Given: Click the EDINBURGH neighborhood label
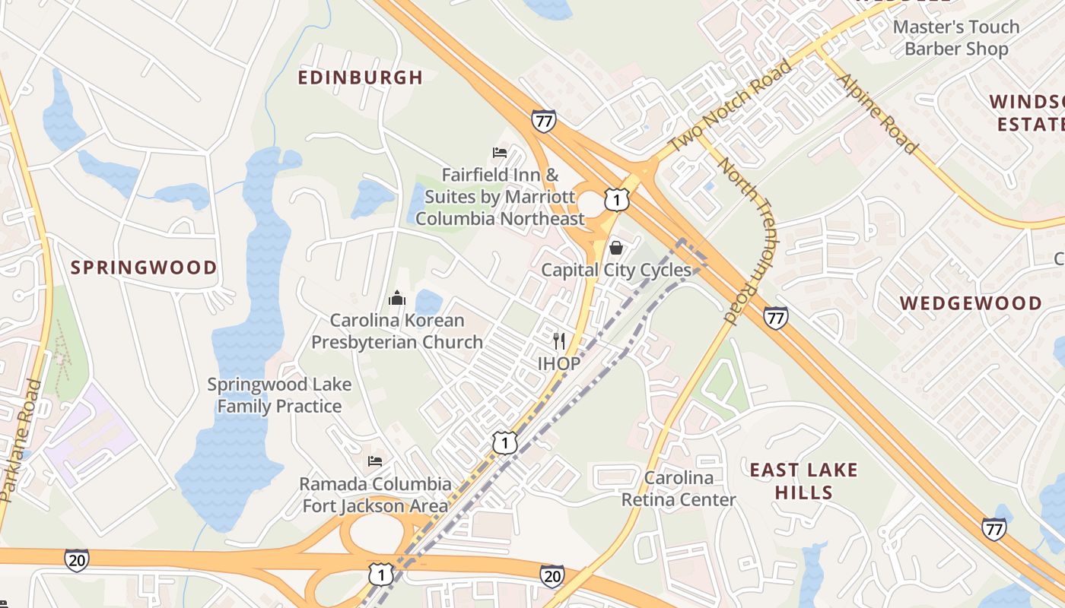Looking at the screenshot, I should point(360,78).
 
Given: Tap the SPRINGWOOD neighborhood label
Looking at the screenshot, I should point(144,268).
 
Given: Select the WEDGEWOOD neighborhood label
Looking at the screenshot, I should point(971,303).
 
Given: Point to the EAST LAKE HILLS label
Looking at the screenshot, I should point(803,481).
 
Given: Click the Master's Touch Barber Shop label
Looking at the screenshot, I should point(955,38).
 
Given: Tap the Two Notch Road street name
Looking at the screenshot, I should point(730,106).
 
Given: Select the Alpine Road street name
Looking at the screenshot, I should point(876,113).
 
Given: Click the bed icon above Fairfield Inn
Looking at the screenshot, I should point(500,153).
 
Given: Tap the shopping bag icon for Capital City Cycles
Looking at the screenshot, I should point(616,248).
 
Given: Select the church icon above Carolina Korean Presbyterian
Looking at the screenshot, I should point(396,298).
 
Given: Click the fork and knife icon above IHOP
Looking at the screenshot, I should point(559,341).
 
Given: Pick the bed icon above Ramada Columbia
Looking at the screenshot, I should point(375,461).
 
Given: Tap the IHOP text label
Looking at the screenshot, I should point(559,364).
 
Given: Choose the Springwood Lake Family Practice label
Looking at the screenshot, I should point(279,395).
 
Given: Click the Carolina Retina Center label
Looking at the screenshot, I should point(679,489).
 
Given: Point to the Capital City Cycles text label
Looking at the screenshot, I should point(616,271).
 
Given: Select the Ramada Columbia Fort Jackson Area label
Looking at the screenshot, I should point(376,495).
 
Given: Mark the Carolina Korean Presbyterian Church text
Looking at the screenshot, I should point(396,331).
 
